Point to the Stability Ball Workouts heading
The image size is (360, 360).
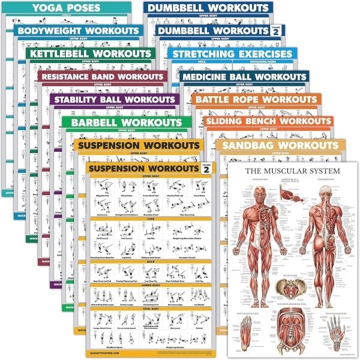click(114, 99)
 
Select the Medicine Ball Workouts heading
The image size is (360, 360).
click(244, 77)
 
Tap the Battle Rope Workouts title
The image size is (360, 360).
click(256, 100)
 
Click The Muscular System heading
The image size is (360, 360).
click(292, 170)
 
